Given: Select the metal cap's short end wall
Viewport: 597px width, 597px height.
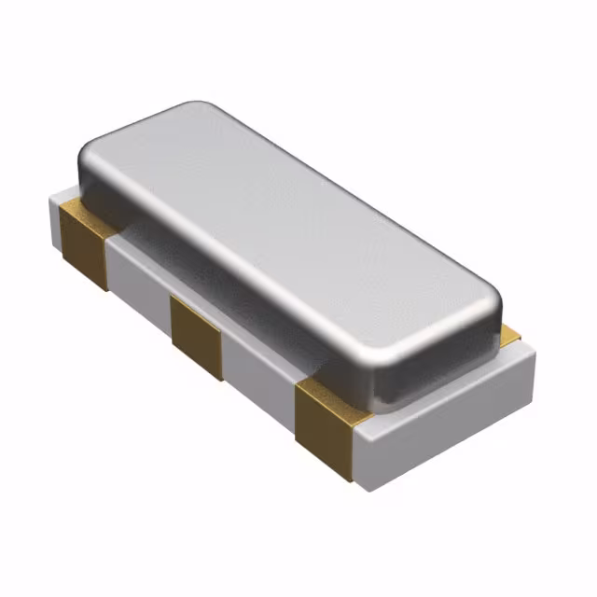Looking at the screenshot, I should [x=438, y=359].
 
